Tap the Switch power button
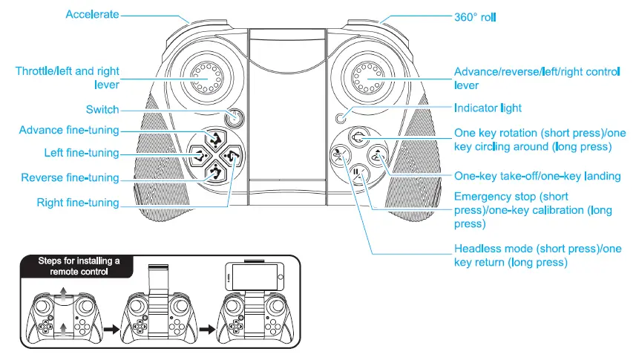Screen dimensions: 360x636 tap(235, 117)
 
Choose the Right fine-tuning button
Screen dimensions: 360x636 tap(232, 157)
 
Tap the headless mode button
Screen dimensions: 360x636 tap(341, 156)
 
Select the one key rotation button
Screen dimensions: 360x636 tap(359, 137)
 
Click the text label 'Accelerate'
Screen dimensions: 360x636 tap(92, 14)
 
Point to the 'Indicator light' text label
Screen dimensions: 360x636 tap(488, 108)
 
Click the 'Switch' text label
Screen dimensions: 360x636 tap(102, 110)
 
